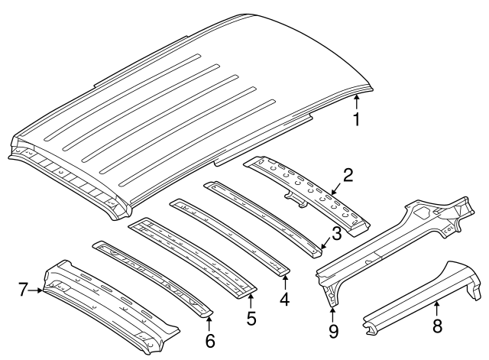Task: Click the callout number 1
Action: pyautogui.click(x=356, y=119)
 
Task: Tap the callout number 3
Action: pyautogui.click(x=336, y=233)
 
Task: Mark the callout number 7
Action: pyautogui.click(x=23, y=289)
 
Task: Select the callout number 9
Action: pyautogui.click(x=332, y=332)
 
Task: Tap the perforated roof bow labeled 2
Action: pyautogui.click(x=306, y=191)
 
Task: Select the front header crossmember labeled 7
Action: pyautogui.click(x=107, y=302)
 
